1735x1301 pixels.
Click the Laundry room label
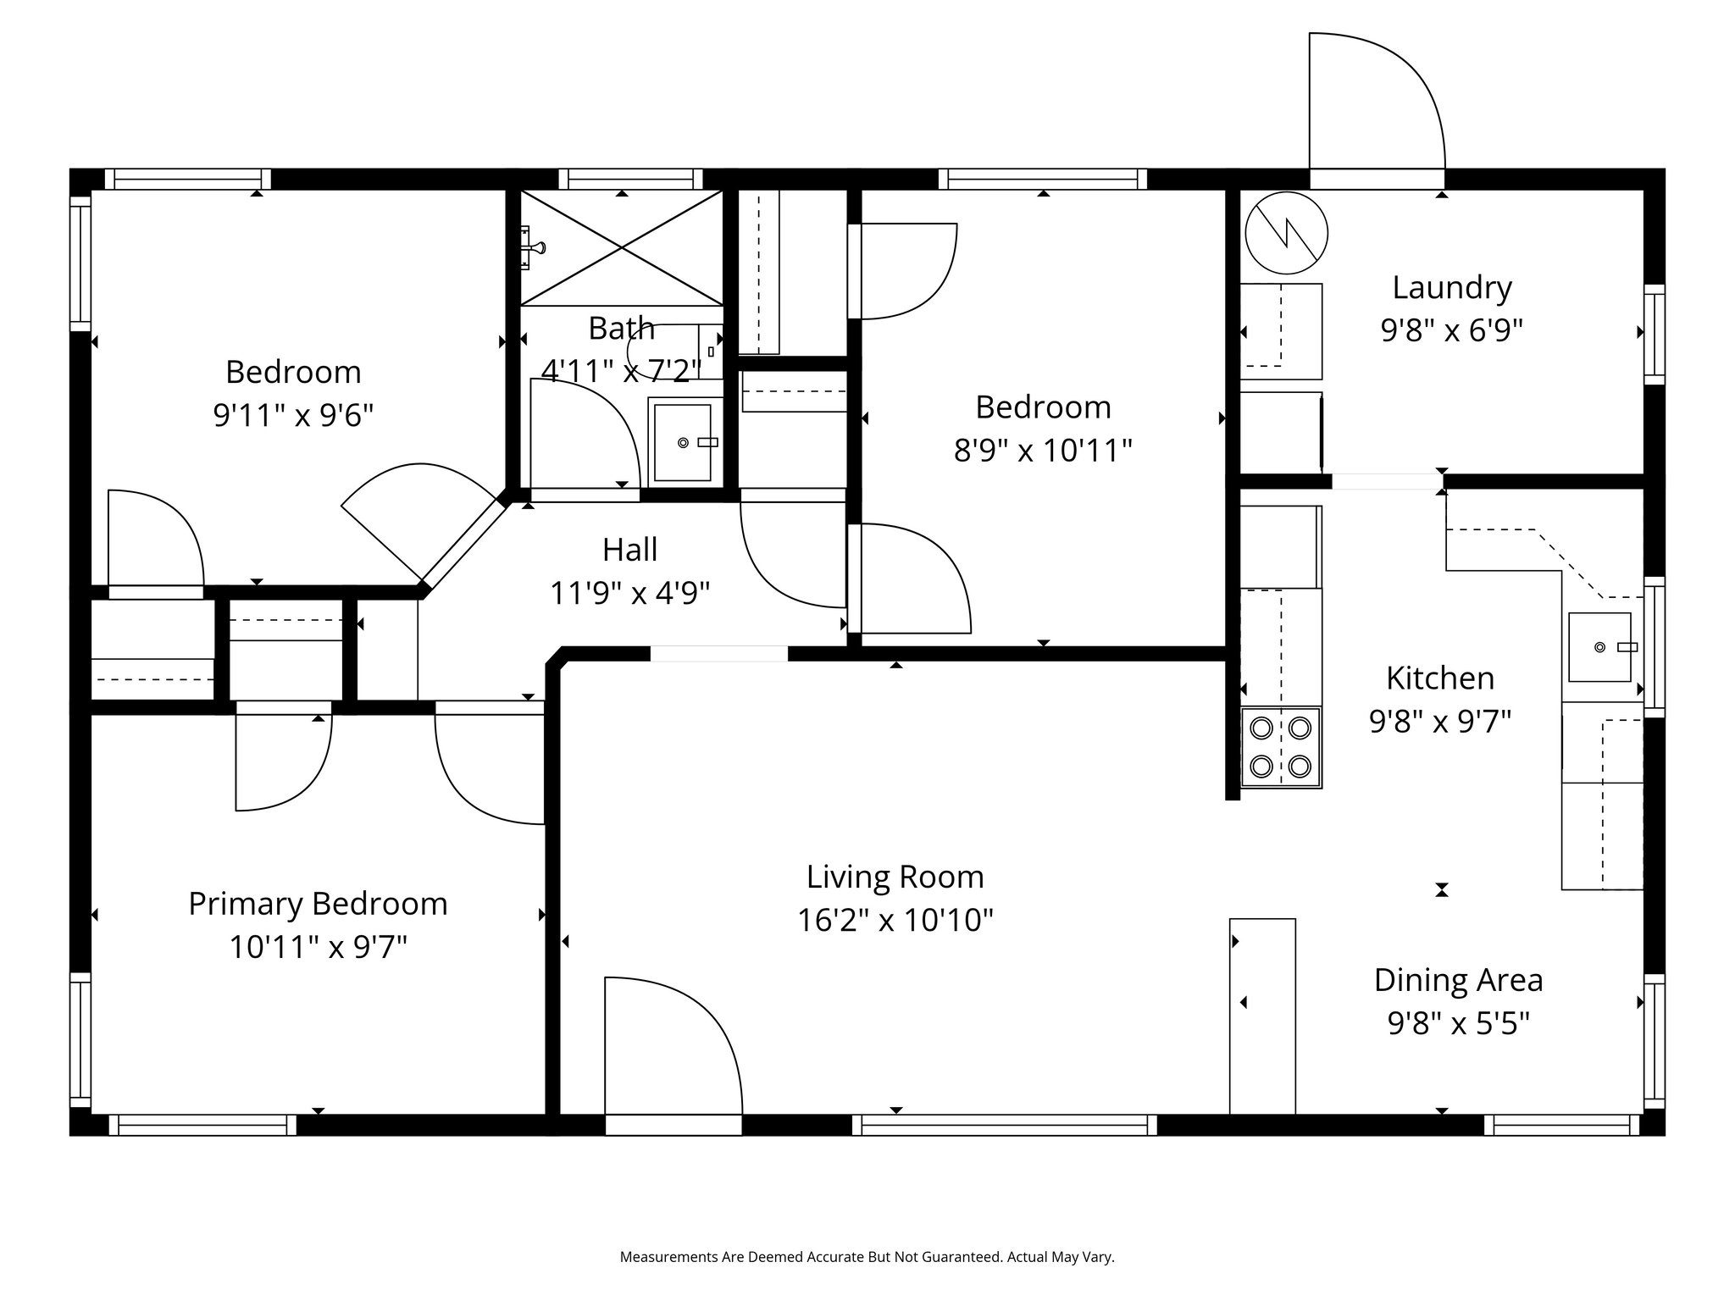tap(1451, 288)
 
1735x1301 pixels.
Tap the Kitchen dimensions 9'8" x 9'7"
tap(1440, 722)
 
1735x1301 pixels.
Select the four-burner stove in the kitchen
tap(1280, 747)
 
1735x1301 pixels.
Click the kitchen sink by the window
tap(1599, 647)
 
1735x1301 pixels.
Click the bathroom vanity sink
tap(683, 441)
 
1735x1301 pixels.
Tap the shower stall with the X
tap(622, 247)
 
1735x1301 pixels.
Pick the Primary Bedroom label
tap(318, 904)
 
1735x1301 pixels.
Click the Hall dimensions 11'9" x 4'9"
tap(629, 593)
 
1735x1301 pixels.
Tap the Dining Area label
tap(1458, 980)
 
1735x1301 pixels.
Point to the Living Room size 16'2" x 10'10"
tap(895, 919)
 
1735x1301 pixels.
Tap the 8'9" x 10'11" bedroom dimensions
tap(1042, 451)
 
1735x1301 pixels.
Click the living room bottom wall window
tap(1004, 1125)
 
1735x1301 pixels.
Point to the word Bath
tap(621, 328)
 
